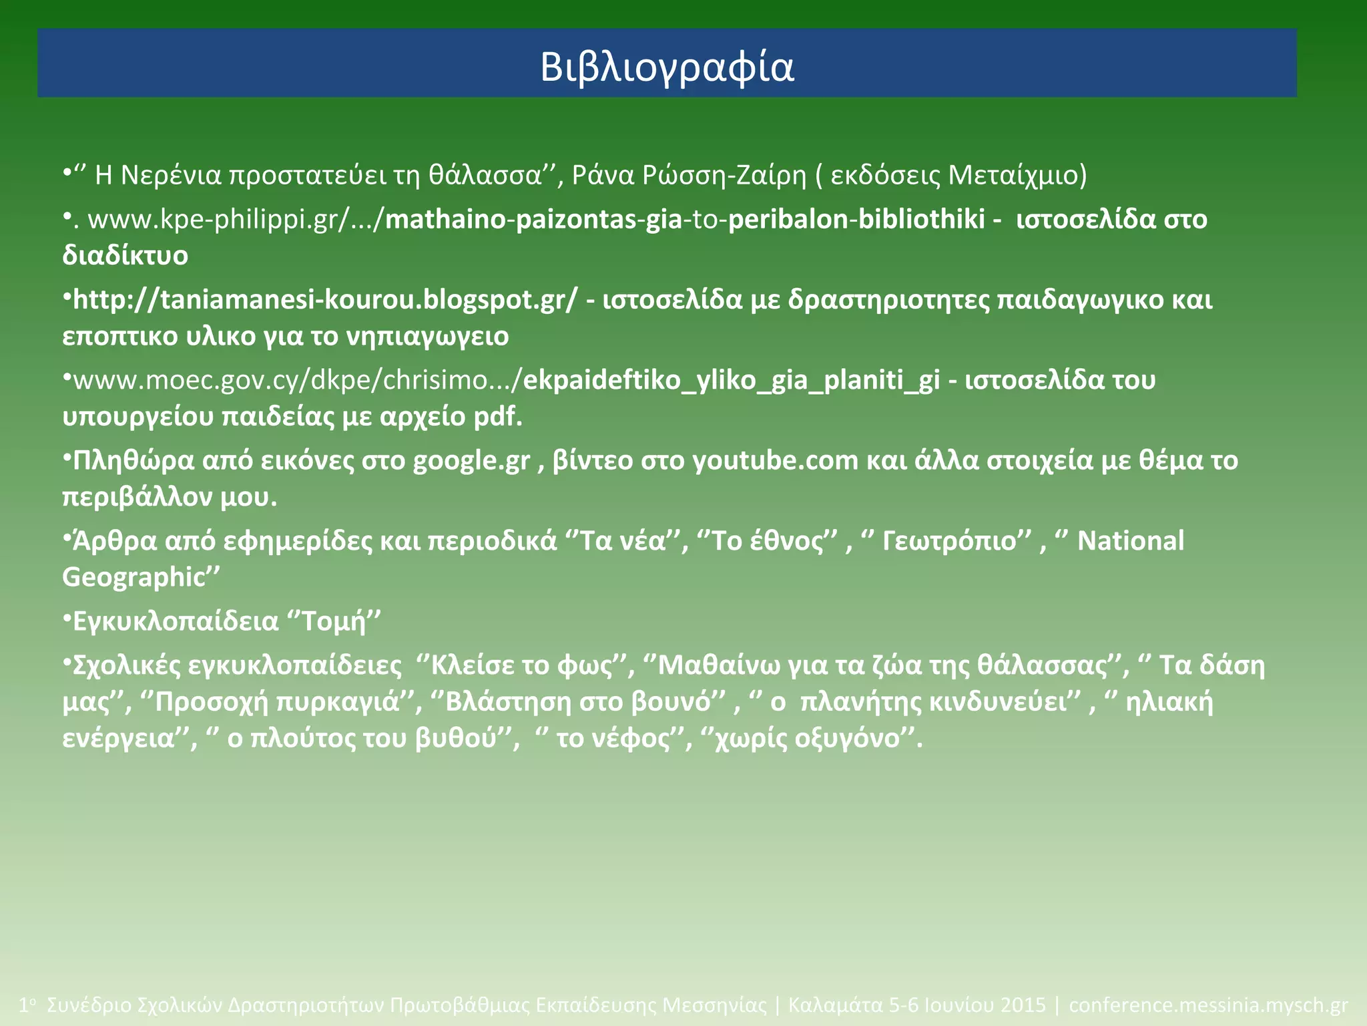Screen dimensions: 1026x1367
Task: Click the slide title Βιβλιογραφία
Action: click(x=667, y=67)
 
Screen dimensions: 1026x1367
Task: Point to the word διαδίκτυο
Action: click(x=125, y=255)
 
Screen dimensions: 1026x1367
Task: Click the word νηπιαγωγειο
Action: click(x=427, y=336)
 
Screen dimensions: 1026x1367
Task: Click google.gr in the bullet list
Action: click(x=471, y=461)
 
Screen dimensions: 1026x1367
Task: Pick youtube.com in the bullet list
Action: click(x=775, y=461)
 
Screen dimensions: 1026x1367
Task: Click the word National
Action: click(x=1131, y=541)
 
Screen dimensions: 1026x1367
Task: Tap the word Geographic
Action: click(x=133, y=578)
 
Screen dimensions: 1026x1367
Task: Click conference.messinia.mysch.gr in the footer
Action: click(x=1208, y=1005)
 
